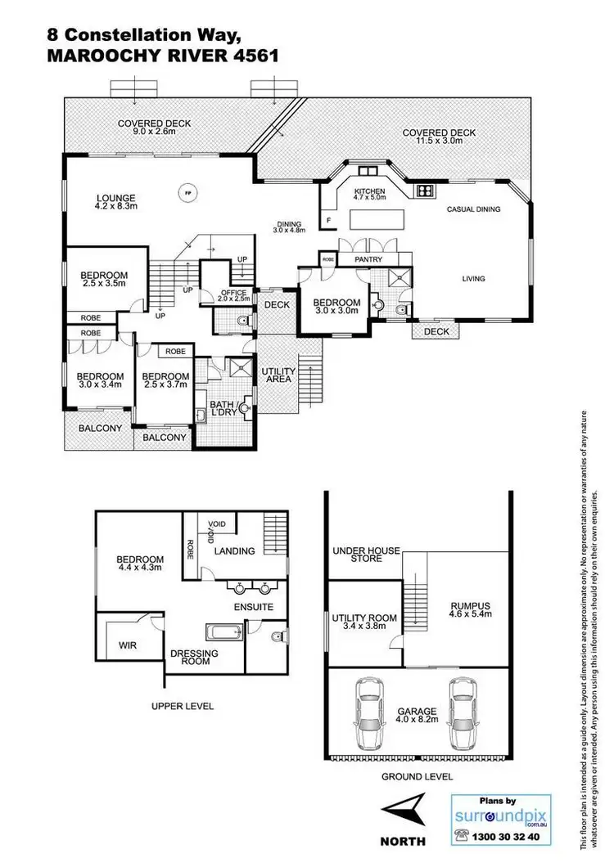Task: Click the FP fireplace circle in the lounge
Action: coord(187,193)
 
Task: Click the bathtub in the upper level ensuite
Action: coord(222,632)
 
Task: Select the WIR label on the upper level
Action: coord(128,645)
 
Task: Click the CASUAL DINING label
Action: coord(473,209)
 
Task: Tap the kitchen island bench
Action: coord(378,219)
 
